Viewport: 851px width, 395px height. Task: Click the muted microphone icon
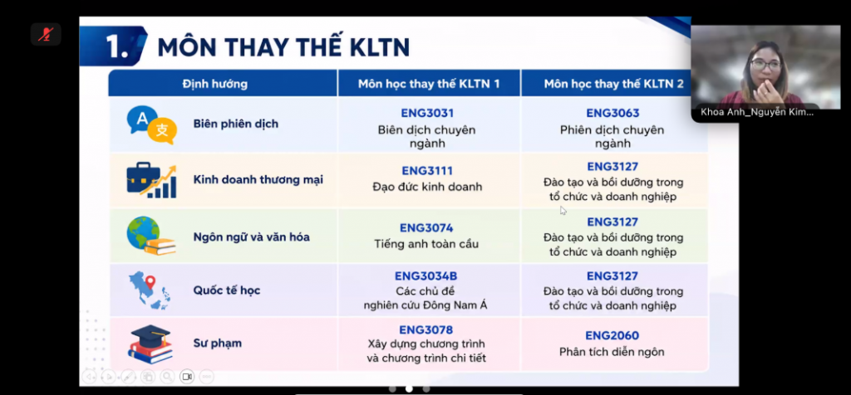(x=46, y=35)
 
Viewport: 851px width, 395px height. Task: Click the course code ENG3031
(x=427, y=113)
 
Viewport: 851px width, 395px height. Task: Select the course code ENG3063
(x=612, y=113)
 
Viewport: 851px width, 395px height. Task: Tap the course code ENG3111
(x=427, y=171)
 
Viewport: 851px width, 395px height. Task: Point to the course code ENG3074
(x=426, y=227)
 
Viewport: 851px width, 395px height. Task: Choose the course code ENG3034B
(x=426, y=276)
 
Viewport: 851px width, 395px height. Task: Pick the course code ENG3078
(x=426, y=330)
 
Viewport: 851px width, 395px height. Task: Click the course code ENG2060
(x=612, y=335)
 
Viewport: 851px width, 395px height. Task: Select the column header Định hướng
(x=215, y=84)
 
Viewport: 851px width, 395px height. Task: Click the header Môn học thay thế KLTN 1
(x=429, y=84)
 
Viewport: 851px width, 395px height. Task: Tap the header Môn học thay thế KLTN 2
(x=614, y=84)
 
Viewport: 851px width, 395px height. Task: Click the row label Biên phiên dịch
(x=235, y=124)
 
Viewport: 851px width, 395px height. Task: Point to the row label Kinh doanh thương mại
(x=258, y=179)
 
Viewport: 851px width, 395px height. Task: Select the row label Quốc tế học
(x=227, y=290)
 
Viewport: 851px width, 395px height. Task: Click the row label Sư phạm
(x=218, y=343)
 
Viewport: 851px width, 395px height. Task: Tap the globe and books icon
(x=151, y=236)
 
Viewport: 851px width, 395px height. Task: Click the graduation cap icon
(x=150, y=344)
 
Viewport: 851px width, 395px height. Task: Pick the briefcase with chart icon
(x=151, y=180)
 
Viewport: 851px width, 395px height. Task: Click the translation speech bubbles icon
(x=151, y=124)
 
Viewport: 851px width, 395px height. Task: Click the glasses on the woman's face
(x=765, y=65)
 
